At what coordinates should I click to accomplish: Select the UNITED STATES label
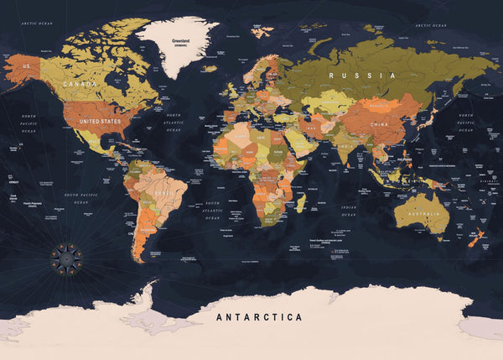click(100, 121)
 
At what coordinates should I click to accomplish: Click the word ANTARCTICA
click(259, 318)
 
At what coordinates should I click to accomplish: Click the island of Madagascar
click(300, 202)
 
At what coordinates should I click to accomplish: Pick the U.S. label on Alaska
click(26, 65)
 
